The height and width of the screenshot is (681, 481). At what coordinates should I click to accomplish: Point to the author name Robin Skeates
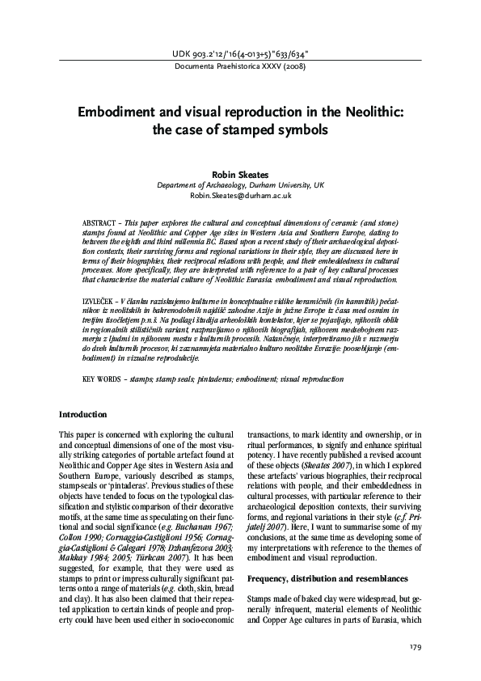coord(240,173)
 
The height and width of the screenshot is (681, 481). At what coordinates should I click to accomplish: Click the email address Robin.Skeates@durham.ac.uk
coord(240,196)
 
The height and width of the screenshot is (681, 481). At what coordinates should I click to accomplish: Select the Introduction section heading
coord(84,414)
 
